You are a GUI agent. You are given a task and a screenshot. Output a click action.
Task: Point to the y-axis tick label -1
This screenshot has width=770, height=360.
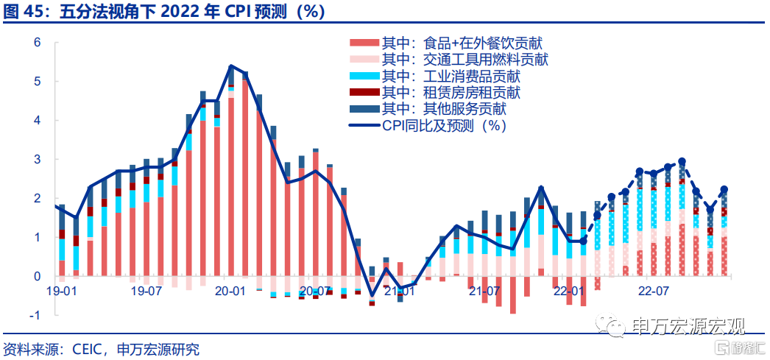pos(35,315)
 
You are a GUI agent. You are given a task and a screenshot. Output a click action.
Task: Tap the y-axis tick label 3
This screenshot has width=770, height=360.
pos(37,160)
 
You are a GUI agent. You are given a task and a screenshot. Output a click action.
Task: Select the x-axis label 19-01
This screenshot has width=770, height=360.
pos(62,292)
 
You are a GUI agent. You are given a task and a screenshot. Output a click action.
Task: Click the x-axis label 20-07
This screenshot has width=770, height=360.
pos(315,292)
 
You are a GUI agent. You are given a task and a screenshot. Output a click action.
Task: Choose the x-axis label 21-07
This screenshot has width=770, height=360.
pos(484,292)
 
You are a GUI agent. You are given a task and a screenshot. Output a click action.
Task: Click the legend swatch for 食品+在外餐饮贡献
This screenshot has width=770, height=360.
pos(364,43)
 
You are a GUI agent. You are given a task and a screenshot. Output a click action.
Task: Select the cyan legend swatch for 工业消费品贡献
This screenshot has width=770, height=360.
pos(364,76)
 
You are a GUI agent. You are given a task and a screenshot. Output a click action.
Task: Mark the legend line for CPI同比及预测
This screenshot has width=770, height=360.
pos(364,126)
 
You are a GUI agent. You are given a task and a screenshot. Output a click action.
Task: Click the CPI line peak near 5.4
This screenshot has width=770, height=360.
pos(231,66)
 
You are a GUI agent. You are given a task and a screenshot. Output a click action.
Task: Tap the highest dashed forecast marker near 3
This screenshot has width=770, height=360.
pos(682,161)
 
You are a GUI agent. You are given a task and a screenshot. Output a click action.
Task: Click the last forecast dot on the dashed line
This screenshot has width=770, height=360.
pos(724,190)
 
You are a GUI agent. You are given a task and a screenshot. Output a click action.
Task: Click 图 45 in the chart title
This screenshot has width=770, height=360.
pos(22,12)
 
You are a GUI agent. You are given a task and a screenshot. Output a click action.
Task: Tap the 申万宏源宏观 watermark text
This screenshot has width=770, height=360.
pos(688,326)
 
